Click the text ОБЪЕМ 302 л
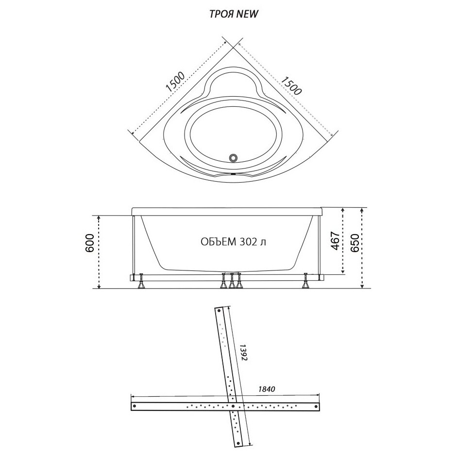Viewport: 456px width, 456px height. [x=233, y=241]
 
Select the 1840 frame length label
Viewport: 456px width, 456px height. [x=267, y=389]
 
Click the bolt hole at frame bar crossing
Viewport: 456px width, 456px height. [x=233, y=405]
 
